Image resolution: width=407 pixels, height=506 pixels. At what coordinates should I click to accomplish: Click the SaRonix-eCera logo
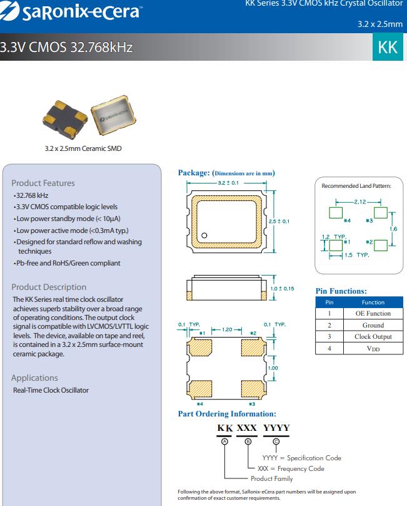point(72,11)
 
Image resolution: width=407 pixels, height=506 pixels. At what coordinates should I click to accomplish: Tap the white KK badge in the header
point(388,48)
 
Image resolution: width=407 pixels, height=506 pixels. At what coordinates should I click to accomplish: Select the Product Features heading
point(43,183)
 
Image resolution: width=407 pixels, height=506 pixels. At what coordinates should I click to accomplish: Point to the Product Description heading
point(49,287)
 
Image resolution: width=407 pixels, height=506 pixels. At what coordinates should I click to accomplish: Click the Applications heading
point(34,378)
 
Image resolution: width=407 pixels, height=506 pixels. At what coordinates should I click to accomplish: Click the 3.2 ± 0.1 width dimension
point(228,183)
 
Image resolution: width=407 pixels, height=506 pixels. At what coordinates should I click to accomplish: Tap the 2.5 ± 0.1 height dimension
point(279,221)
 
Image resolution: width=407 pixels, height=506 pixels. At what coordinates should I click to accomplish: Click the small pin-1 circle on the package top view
point(204,236)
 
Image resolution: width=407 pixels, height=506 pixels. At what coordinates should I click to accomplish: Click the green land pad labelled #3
point(380,213)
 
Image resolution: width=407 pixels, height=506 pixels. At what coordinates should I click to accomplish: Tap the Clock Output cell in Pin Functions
point(373,336)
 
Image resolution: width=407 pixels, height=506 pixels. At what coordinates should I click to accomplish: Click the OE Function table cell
point(373,313)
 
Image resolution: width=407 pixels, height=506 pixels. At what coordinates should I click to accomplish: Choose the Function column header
point(373,302)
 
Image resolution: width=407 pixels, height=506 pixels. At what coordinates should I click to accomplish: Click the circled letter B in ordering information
point(248,441)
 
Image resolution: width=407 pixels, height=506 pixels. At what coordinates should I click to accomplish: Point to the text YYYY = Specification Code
point(301,458)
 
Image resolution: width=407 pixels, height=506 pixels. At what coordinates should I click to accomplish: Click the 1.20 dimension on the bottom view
point(228,329)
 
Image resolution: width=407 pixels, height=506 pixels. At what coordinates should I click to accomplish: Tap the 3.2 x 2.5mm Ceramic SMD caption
point(83,148)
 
